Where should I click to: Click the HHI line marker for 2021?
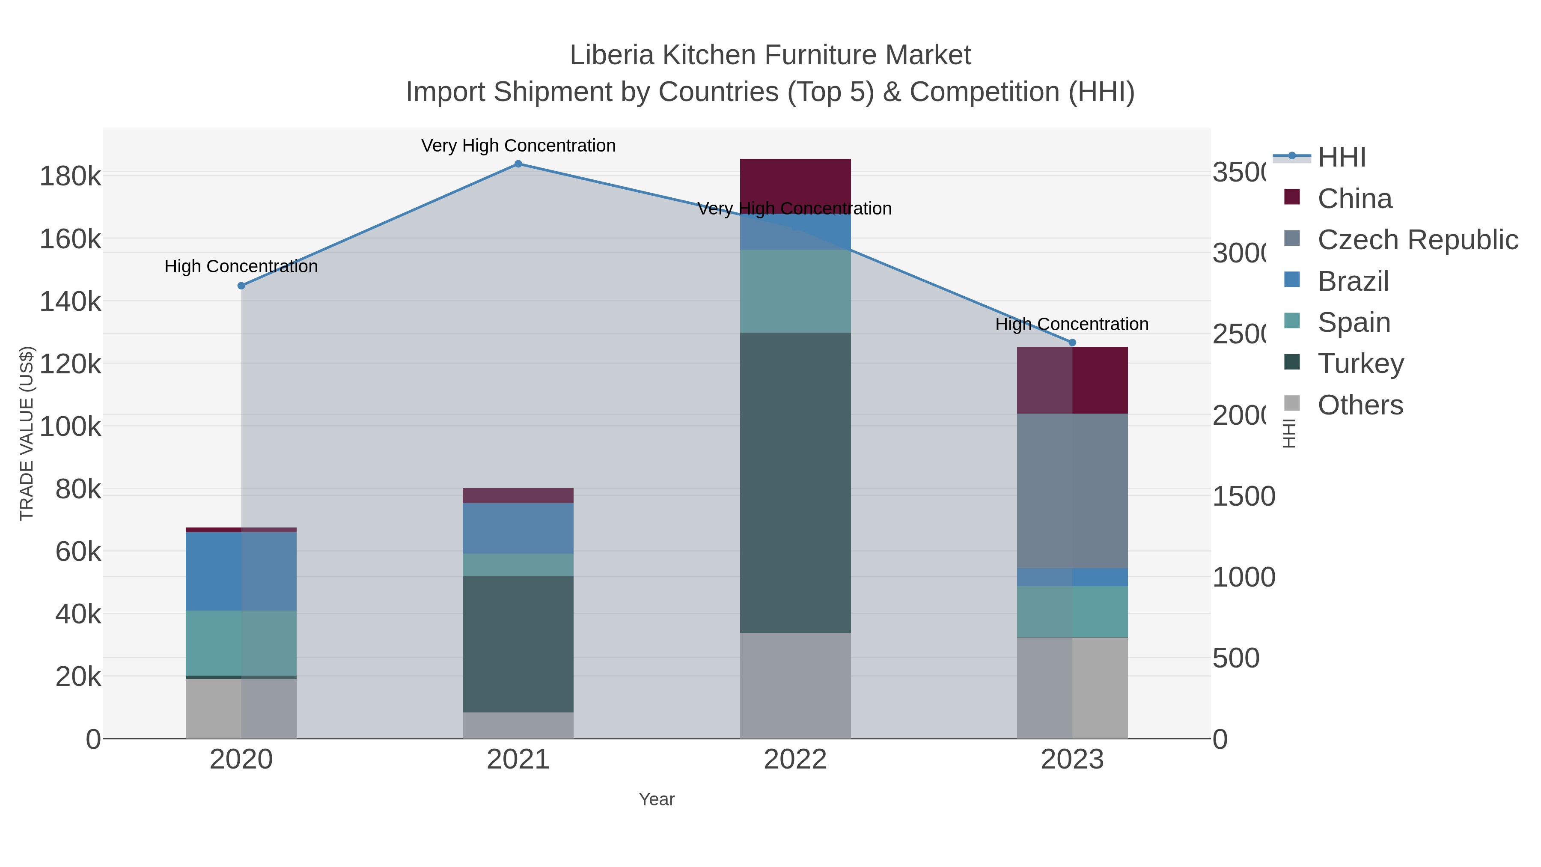518,164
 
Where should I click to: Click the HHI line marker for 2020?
241,286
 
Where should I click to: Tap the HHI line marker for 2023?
1072,343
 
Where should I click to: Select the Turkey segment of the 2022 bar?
795,482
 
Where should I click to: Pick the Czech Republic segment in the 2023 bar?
1072,491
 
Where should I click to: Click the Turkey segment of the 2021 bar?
518,644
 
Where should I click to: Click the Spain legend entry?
1354,322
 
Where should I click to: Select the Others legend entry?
1360,405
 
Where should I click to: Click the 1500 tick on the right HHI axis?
1244,497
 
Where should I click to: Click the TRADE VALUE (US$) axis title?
27,433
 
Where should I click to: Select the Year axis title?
656,799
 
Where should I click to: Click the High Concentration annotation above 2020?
241,267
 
